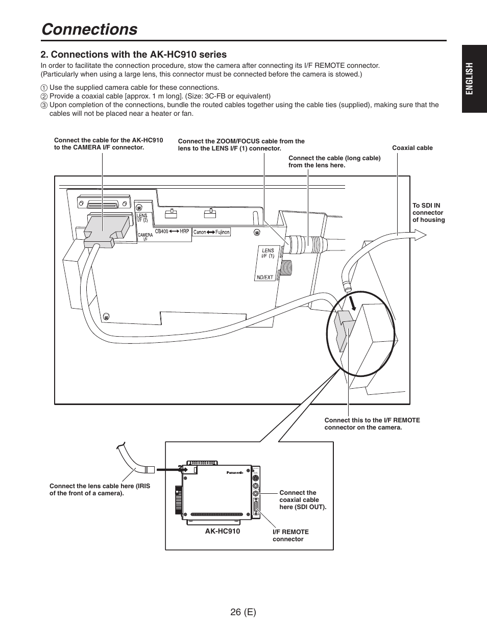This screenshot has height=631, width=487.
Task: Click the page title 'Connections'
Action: click(89, 29)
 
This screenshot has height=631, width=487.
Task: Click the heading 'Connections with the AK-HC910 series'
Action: click(134, 54)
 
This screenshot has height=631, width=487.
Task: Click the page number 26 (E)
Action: click(243, 612)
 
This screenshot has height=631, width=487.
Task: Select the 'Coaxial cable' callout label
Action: click(412, 148)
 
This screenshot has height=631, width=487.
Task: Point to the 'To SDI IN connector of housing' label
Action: click(428, 213)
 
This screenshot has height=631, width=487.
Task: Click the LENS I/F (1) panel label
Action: click(268, 253)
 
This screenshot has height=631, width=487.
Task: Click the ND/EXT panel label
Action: click(264, 277)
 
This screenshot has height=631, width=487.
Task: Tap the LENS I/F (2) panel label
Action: click(142, 218)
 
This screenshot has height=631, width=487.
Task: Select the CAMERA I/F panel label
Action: click(145, 237)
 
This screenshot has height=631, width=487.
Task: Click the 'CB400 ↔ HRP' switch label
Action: click(172, 231)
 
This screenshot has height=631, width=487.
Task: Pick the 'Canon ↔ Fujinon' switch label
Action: click(211, 232)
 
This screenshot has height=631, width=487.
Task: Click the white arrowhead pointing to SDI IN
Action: click(420, 234)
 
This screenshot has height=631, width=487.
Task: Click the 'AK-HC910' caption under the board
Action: click(222, 531)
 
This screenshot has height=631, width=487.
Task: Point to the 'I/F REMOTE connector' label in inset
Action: click(290, 535)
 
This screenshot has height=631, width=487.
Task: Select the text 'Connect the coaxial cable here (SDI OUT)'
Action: click(302, 500)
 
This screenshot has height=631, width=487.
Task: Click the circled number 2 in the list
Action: click(44, 96)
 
